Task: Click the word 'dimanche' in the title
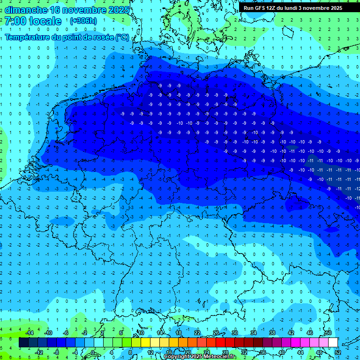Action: [26, 10]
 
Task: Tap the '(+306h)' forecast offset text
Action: [83, 21]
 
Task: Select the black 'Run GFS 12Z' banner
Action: [292, 8]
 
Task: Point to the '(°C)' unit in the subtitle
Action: [122, 37]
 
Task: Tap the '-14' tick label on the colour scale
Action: [30, 333]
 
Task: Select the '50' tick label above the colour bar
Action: [328, 333]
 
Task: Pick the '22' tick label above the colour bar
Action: [197, 333]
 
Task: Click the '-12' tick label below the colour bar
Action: [39, 352]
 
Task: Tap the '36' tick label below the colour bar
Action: [262, 352]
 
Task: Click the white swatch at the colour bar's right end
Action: [333, 343]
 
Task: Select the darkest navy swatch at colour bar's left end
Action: [23, 343]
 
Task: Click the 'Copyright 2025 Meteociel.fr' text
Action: [200, 357]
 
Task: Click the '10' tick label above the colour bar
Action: [141, 333]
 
